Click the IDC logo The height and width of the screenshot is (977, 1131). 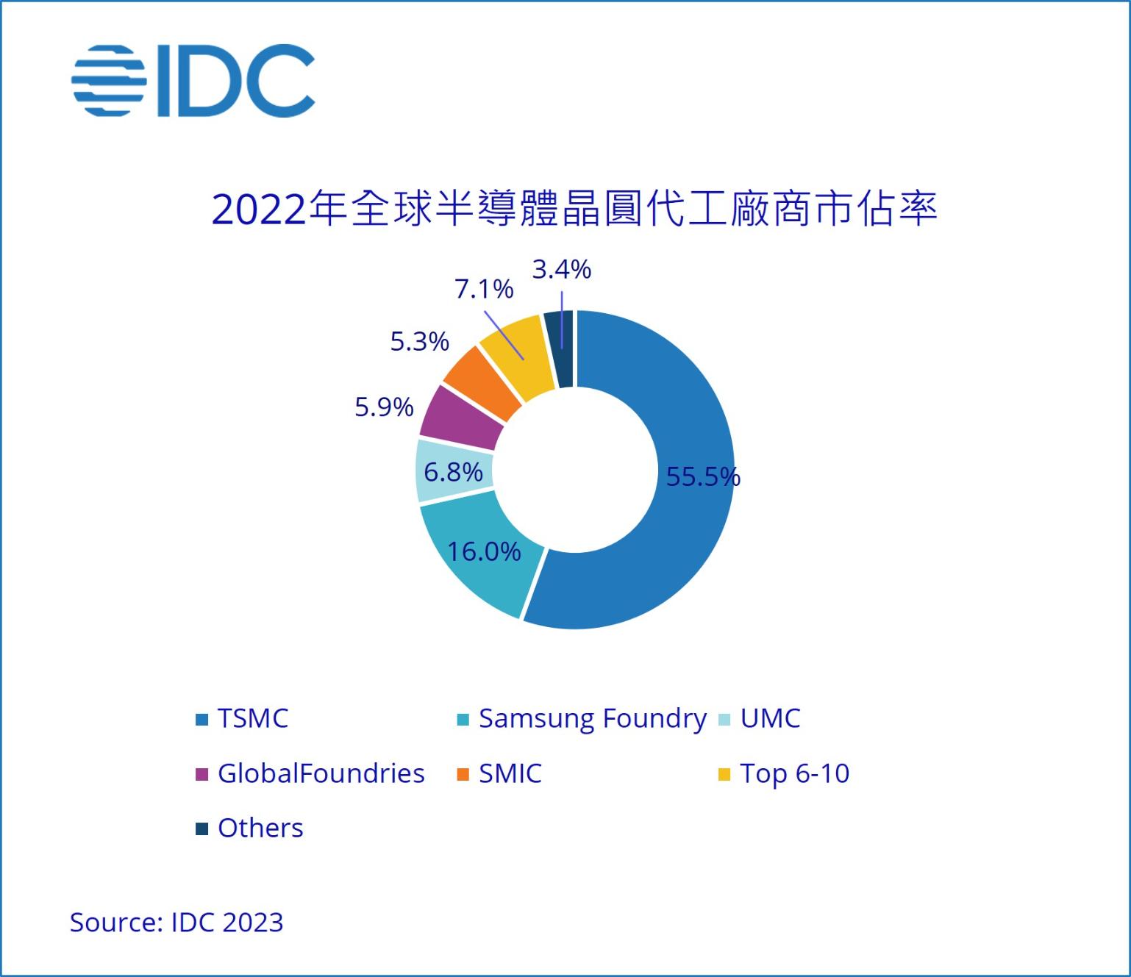(193, 80)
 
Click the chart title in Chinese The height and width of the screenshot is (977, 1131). (574, 209)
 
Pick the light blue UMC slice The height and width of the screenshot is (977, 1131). (434, 470)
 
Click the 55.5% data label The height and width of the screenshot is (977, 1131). (703, 477)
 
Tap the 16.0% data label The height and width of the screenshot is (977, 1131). (484, 551)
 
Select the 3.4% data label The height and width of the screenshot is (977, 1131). (562, 270)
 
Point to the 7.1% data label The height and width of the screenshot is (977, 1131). (484, 290)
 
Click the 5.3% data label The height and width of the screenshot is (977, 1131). (419, 342)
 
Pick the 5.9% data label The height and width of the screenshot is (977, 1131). (384, 407)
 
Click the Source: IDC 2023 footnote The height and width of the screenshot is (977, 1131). (176, 922)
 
